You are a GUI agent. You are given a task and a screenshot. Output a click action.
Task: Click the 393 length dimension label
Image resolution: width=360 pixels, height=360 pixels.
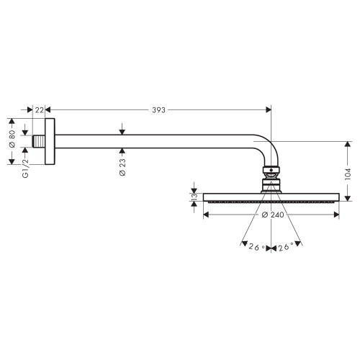[x=158, y=110]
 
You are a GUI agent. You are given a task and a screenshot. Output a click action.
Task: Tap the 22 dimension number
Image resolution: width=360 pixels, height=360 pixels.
[x=40, y=110]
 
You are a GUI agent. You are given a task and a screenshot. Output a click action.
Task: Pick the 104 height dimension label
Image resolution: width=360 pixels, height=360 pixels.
[x=347, y=173]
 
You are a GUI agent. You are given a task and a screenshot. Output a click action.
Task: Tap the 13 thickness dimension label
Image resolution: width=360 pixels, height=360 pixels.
[x=193, y=196]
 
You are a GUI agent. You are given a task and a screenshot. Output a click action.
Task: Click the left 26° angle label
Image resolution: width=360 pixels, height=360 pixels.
[x=256, y=248]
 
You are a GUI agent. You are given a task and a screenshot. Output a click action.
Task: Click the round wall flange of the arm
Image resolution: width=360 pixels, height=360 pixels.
[x=48, y=140]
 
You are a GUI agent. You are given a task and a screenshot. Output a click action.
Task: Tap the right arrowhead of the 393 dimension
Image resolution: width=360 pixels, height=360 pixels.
[x=268, y=110]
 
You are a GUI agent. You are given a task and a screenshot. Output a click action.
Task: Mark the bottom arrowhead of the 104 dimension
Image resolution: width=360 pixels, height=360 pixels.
[x=347, y=199]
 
